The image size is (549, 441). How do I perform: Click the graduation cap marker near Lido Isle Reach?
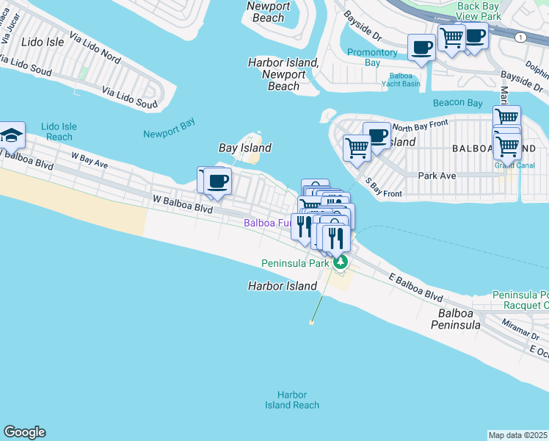click(12, 135)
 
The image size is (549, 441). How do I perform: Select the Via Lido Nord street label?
click(95, 46)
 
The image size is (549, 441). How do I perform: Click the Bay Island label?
click(245, 148)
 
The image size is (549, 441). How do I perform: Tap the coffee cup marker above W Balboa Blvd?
click(217, 181)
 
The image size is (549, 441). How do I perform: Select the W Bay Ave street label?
click(89, 160)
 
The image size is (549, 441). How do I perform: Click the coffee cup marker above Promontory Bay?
click(422, 48)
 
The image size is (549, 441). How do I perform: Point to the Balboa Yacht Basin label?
click(405, 79)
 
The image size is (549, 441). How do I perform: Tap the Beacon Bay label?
click(458, 103)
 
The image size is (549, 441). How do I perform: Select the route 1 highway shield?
click(520, 36)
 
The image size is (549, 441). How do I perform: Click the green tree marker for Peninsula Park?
click(339, 262)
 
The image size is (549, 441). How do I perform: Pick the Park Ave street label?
click(437, 176)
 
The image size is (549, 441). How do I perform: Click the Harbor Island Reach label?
click(292, 400)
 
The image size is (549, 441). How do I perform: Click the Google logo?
click(24, 432)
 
